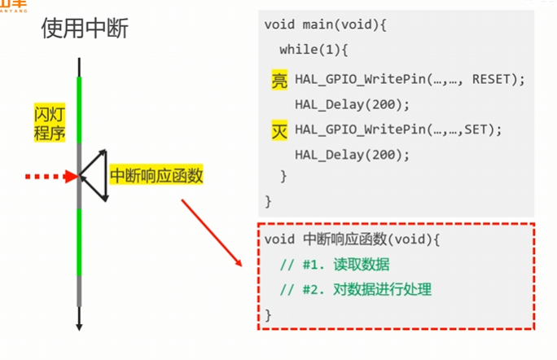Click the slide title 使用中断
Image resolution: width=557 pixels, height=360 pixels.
click(x=85, y=30)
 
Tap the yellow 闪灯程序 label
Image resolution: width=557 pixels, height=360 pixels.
click(x=50, y=122)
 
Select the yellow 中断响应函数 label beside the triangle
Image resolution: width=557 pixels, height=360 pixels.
click(x=156, y=175)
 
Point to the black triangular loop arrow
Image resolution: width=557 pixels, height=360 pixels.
click(x=95, y=174)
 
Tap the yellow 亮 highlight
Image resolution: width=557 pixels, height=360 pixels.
click(x=279, y=80)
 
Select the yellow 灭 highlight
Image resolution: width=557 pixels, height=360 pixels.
click(x=279, y=130)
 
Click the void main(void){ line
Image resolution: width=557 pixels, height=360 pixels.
click(x=325, y=24)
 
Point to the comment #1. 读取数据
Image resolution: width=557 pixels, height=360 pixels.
click(x=334, y=265)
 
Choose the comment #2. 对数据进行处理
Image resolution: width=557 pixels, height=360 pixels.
click(x=355, y=289)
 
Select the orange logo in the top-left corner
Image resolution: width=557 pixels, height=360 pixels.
click(x=13, y=5)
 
